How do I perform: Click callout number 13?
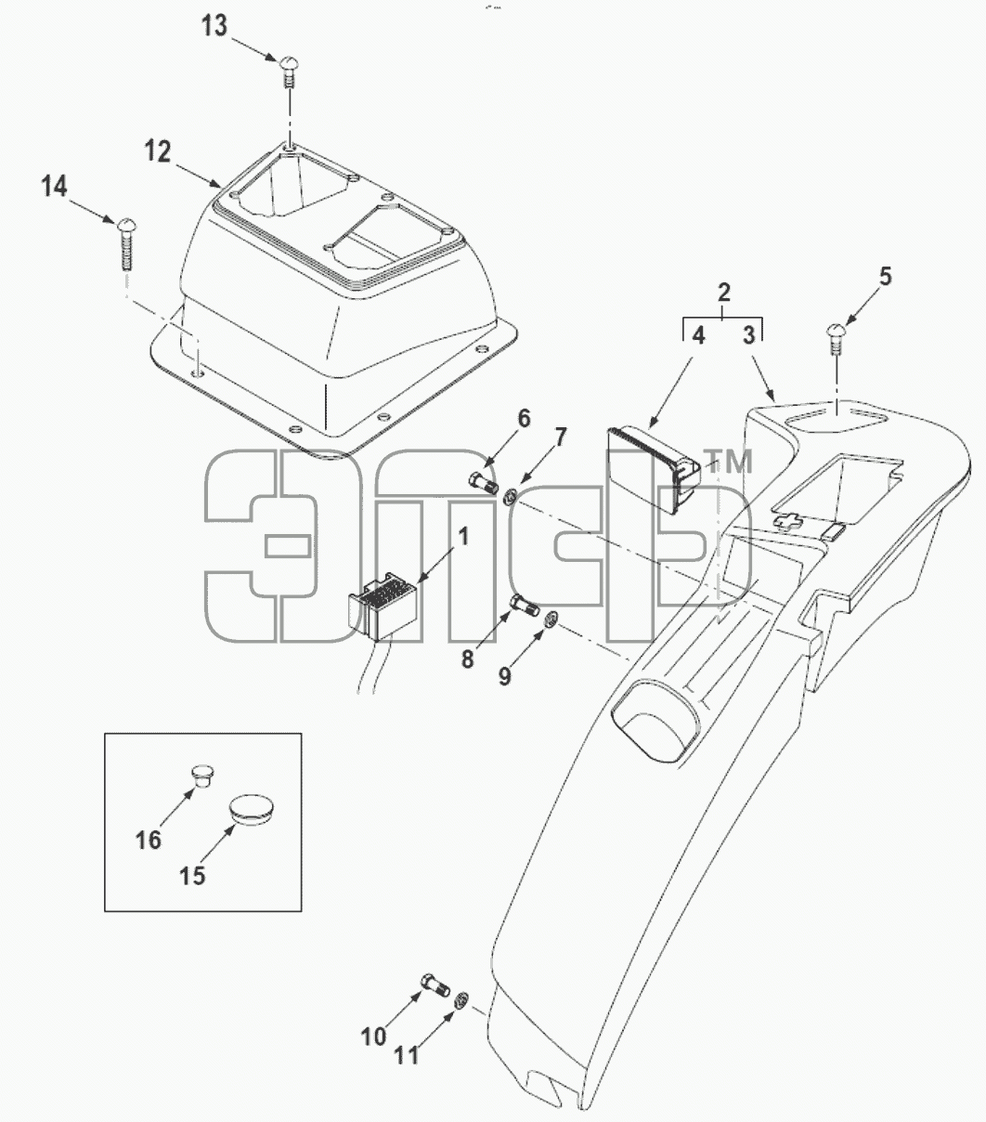(214, 26)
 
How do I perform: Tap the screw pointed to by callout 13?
(290, 71)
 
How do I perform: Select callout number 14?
(54, 186)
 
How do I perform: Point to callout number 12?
(158, 151)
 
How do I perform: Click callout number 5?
(886, 276)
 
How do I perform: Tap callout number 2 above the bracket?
(723, 293)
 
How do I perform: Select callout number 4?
(699, 335)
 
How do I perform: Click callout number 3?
(748, 335)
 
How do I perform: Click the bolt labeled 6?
(483, 481)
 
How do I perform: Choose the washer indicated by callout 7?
(510, 496)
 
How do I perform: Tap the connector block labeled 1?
(382, 606)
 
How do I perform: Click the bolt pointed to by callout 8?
(524, 605)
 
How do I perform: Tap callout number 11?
(407, 1055)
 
